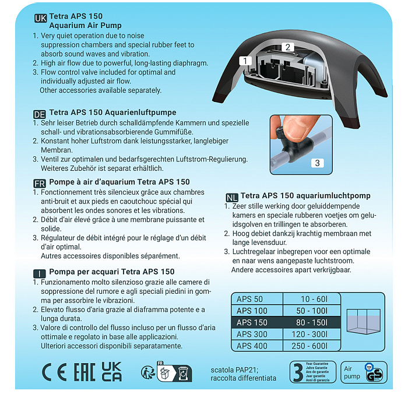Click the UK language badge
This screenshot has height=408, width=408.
coord(41,18)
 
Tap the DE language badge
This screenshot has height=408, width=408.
coord(40,114)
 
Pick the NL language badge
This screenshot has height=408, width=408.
coord(231,197)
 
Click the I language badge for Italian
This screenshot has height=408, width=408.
coord(40,273)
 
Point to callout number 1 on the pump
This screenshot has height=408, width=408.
coord(246,61)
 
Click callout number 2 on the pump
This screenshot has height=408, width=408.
coord(287,47)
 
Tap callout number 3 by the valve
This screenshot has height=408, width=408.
coord(317,163)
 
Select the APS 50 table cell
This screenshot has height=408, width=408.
coord(257,299)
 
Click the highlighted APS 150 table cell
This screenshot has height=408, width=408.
coord(257,323)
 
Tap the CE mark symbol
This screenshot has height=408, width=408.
coord(54,372)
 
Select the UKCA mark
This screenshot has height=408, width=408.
coord(111,371)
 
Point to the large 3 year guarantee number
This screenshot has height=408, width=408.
coord(297,372)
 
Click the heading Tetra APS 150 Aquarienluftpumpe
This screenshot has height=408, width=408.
coord(112,112)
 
